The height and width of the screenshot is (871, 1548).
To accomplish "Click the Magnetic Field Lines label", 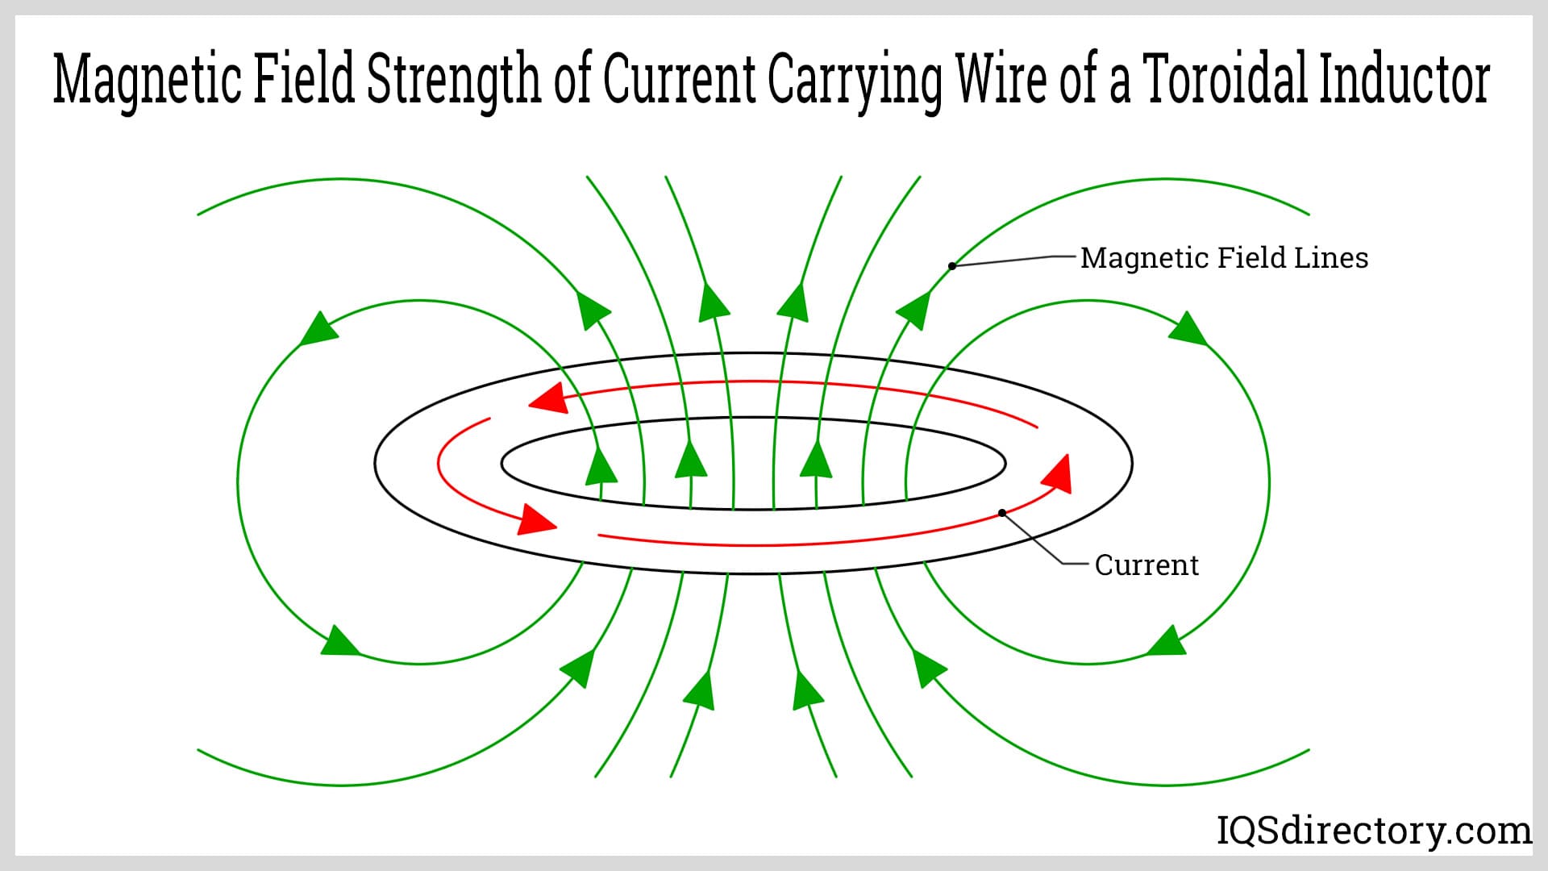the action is [1224, 258].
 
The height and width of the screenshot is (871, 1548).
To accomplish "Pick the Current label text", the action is [1146, 565].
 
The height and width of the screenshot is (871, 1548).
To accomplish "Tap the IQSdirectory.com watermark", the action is [1374, 831].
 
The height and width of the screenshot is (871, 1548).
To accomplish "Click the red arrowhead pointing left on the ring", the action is [546, 398].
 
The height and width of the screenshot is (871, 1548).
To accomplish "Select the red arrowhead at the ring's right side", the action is [1057, 474].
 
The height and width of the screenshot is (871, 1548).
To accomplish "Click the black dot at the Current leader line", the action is [1002, 513].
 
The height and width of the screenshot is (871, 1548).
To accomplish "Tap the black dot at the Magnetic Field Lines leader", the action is [952, 265].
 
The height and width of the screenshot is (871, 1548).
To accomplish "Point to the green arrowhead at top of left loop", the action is [318, 328].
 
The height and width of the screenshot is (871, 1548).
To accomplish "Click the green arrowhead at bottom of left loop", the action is [340, 640].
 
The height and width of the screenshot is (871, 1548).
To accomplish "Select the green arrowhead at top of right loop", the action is [1188, 328].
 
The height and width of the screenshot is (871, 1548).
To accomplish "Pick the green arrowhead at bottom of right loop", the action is [1166, 640].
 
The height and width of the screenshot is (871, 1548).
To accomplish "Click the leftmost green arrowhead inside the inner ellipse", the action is [601, 465].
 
